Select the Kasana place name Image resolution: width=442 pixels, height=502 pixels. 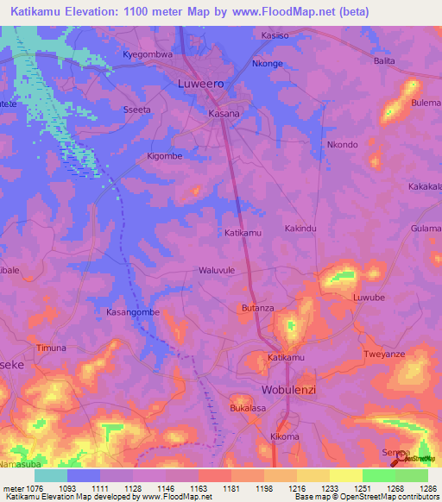point(224,113)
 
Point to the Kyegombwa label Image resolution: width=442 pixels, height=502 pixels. point(148,54)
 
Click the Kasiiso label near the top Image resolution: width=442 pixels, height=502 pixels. point(274,36)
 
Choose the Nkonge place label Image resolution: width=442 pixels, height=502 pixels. point(267,64)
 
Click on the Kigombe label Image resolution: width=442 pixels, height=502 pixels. point(164,156)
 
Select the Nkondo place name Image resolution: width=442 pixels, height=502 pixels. point(341,144)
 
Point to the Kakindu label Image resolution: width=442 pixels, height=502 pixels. point(301,229)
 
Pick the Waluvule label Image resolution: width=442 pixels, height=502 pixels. point(217,270)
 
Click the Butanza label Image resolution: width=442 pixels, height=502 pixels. point(256,308)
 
